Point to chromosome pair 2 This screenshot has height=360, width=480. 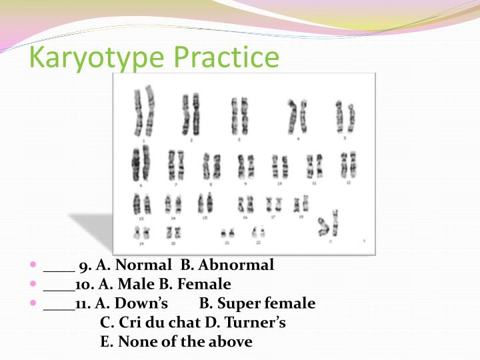point(191,112)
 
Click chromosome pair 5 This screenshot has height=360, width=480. point(345,116)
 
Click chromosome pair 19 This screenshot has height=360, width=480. point(141,232)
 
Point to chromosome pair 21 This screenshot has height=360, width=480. point(227,233)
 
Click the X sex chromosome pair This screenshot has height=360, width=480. point(328,225)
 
